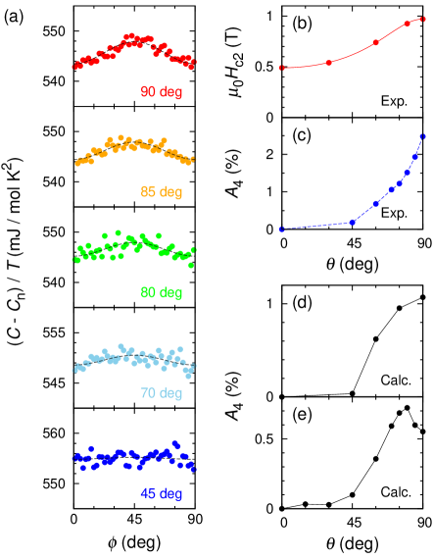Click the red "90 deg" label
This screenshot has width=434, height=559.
tap(161, 92)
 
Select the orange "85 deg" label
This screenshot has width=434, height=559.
tap(161, 192)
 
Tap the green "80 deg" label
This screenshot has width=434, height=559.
tap(161, 292)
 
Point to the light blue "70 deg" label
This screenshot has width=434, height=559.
tap(161, 393)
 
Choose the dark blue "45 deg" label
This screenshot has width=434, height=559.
tap(161, 493)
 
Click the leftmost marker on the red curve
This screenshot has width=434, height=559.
tap(281, 68)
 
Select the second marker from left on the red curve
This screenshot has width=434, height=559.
tap(329, 63)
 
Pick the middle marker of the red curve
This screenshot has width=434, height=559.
tap(376, 42)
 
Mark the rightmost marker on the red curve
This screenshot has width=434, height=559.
tap(423, 19)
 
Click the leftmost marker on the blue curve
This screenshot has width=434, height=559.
tap(281, 229)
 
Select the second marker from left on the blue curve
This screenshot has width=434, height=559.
tap(353, 222)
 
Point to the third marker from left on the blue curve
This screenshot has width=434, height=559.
tap(376, 203)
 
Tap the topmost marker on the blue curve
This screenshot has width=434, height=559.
tap(423, 136)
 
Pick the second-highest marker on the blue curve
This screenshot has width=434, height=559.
tap(415, 156)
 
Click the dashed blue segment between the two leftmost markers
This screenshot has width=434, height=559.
tap(316, 226)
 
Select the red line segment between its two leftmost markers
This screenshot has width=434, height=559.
tap(305, 66)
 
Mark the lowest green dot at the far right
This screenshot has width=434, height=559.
tap(191, 265)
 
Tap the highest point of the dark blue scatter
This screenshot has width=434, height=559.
tap(174, 442)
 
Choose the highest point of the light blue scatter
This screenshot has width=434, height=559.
tap(121, 346)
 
